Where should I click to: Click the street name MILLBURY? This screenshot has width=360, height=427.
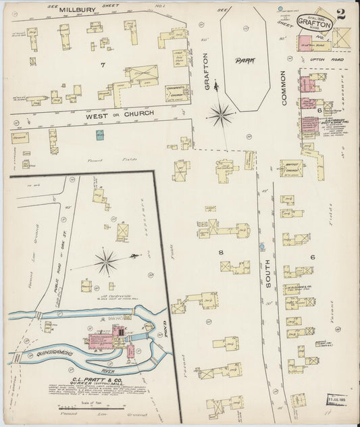tap(76, 9)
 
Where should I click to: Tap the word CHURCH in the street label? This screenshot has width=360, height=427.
tap(138, 113)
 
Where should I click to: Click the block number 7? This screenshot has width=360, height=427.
tap(103, 65)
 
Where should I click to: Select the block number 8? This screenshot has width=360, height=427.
tap(221, 252)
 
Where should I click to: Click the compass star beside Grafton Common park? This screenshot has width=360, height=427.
tap(221, 114)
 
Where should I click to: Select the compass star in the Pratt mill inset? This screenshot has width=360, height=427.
tap(106, 261)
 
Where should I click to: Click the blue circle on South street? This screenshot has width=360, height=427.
tap(261, 247)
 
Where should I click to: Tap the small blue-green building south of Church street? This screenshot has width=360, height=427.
tap(100, 136)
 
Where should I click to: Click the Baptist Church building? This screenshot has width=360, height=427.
tap(292, 168)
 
